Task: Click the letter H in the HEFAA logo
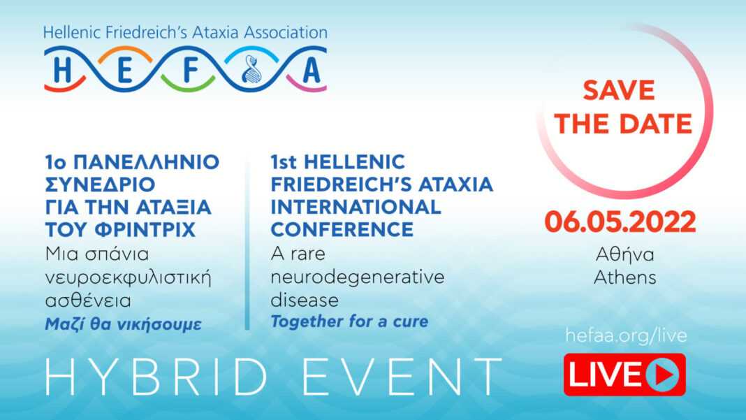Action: pyautogui.click(x=62, y=71)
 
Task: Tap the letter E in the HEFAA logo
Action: pyautogui.click(x=124, y=71)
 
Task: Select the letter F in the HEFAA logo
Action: pyautogui.click(x=190, y=71)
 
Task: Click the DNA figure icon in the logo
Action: pyautogui.click(x=251, y=69)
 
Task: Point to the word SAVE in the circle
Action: pyautogui.click(x=618, y=90)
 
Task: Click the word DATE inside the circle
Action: pyautogui.click(x=656, y=124)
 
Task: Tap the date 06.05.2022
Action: pyautogui.click(x=620, y=222)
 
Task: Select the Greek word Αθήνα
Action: pyautogui.click(x=624, y=254)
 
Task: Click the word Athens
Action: pyautogui.click(x=624, y=277)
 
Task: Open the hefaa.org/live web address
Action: pyautogui.click(x=626, y=335)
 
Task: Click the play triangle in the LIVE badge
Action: pyautogui.click(x=664, y=375)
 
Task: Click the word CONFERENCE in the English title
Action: pyautogui.click(x=342, y=229)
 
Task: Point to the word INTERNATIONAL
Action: pyautogui.click(x=356, y=207)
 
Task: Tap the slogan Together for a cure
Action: pyautogui.click(x=350, y=321)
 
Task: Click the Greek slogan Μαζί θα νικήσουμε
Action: pyautogui.click(x=123, y=324)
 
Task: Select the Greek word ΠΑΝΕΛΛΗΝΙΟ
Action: pyautogui.click(x=147, y=162)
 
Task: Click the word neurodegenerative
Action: pyautogui.click(x=358, y=277)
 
